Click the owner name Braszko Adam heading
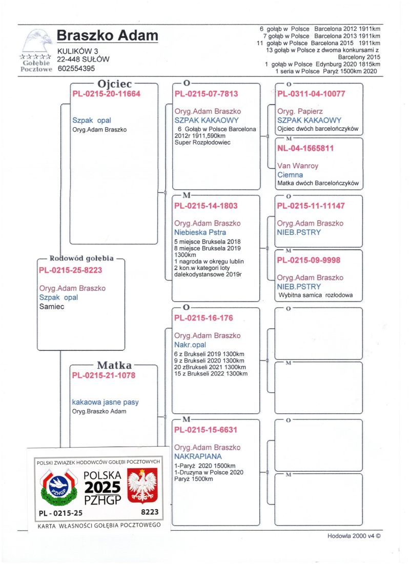107,35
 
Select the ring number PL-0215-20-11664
106,94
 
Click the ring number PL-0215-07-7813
206,94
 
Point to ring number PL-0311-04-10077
311,94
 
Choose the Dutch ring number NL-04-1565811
305,148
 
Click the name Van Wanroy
297,166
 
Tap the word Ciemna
290,174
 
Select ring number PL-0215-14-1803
206,206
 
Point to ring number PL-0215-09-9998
309,260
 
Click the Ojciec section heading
114,84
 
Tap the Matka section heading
114,365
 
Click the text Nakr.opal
190,345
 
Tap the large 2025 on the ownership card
102,487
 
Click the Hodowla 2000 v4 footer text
354,536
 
